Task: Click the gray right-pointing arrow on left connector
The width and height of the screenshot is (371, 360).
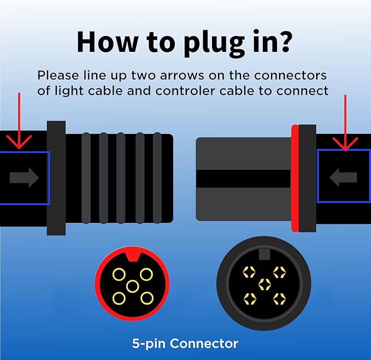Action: coord(24,177)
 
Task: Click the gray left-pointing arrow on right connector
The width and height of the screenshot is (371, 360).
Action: coord(344,177)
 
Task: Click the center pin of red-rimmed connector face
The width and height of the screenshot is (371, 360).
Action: coord(132,286)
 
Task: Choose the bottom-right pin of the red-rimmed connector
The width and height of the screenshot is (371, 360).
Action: coord(145,298)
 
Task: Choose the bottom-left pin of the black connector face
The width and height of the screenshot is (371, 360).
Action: coord(250,298)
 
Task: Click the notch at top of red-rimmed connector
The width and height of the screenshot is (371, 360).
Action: coord(132,257)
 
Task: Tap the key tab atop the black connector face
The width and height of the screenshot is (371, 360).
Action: coord(264,253)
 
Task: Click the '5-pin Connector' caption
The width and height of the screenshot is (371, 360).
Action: coord(185,344)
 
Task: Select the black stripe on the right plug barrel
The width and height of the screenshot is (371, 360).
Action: coord(244,178)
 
